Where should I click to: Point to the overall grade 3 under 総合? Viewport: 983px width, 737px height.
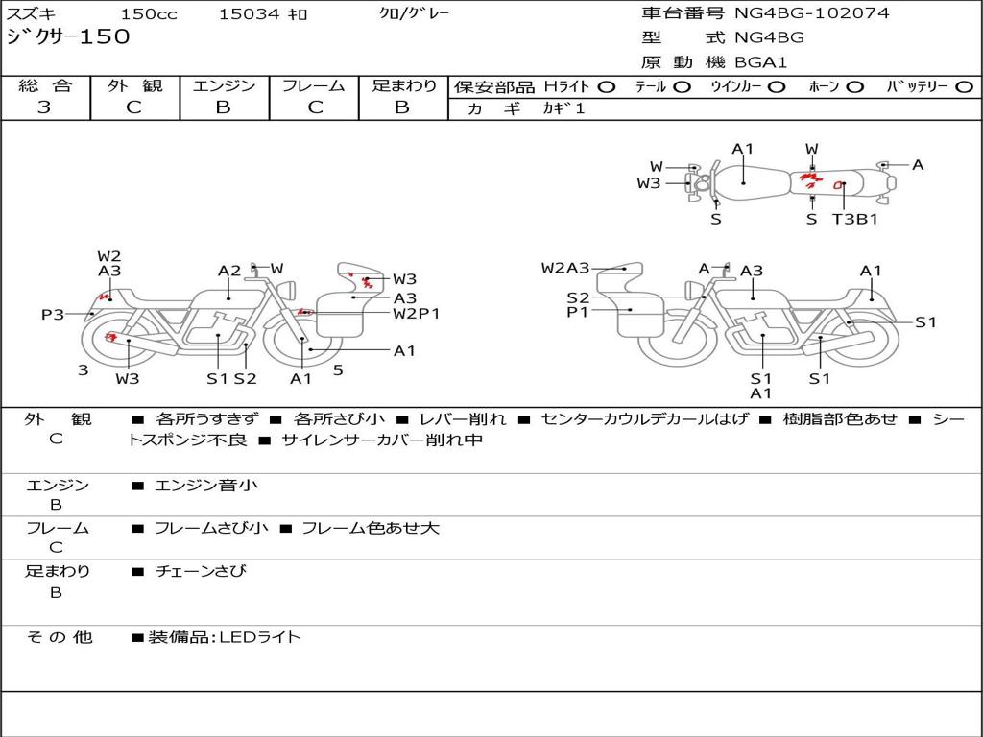coord(44,107)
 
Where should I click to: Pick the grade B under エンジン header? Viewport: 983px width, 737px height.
coord(223,107)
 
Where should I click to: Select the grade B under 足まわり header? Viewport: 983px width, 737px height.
coord(401,107)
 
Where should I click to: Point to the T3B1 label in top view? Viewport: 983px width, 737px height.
coord(854,219)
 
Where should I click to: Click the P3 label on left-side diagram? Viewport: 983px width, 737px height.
coord(53,314)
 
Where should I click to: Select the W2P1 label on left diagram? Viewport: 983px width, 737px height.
coord(416,313)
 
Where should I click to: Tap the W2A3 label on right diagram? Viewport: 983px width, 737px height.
coord(565,269)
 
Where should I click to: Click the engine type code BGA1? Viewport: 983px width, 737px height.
coord(760,62)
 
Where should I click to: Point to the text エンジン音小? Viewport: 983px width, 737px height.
coord(206,486)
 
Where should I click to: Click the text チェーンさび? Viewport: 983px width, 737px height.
coord(201,571)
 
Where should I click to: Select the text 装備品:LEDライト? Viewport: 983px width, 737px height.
coord(225,636)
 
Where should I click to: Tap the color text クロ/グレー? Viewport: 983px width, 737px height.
coord(414,13)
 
